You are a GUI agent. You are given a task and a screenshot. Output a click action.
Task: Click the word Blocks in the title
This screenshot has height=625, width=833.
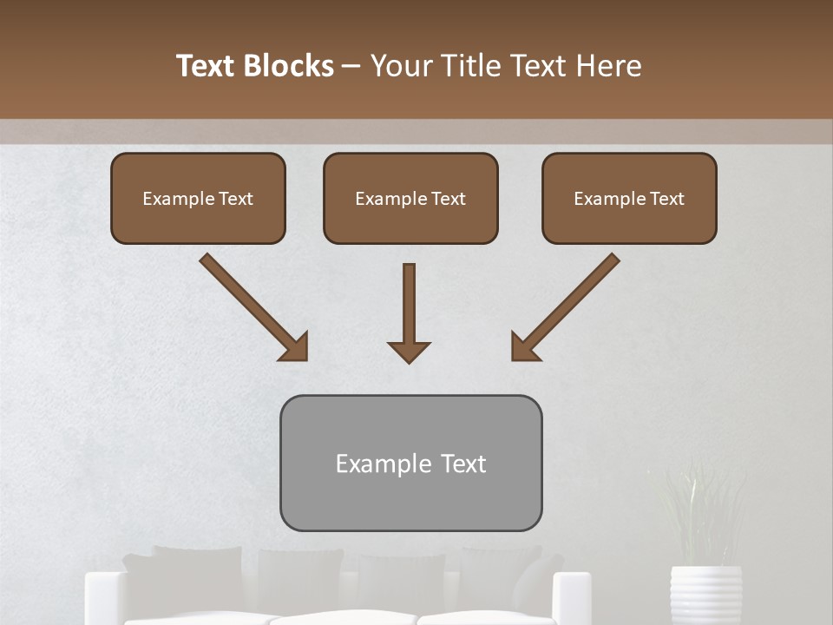tap(287, 66)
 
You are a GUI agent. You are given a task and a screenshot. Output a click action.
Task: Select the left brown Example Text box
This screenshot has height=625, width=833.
tap(198, 198)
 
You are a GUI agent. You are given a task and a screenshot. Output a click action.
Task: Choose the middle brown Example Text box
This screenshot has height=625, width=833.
tap(410, 198)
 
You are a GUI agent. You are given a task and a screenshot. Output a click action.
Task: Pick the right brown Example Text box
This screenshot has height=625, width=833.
tap(629, 198)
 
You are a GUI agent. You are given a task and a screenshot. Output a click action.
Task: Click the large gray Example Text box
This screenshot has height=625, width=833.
tap(410, 463)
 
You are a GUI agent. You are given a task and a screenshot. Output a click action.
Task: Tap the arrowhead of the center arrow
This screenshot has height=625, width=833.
tap(409, 352)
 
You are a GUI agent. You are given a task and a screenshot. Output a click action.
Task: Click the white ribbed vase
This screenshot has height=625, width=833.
tap(705, 595)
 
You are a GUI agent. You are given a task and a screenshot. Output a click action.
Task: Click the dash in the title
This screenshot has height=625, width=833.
tap(351, 66)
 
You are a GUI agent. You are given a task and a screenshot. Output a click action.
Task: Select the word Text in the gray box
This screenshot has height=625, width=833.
tap(462, 464)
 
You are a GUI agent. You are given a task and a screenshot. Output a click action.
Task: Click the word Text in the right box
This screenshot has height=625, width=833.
tap(666, 199)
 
